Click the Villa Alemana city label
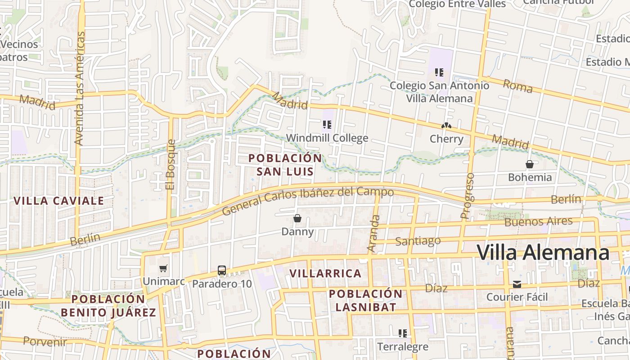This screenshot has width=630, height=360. coord(543,253)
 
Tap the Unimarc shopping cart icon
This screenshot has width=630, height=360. coord(163,269)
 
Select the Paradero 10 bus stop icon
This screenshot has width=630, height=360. coord(222,270)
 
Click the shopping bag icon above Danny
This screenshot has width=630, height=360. coord(297,219)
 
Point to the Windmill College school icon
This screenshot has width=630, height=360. coord(327,125)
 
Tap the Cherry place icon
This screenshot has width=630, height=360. coord(446,126)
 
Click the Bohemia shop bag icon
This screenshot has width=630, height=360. coord(530,164)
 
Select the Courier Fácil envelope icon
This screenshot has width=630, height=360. coord(517,284)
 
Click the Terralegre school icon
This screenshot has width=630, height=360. coord(402,333)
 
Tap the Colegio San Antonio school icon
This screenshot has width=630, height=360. coord(439,72)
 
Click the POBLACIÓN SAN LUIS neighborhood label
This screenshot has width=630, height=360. coord(285,165)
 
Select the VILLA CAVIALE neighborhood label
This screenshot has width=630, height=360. coord(59,201)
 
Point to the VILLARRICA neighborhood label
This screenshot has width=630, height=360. coord(325,273)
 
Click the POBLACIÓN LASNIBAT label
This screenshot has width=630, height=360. coord(365,301)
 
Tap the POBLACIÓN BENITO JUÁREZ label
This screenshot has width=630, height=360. coord(108,306)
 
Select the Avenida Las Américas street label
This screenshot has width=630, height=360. coord(79,88)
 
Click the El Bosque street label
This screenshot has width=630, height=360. coord(170,164)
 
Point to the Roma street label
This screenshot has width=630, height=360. coord(517,85)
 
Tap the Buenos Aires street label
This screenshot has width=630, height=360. coord(538,221)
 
